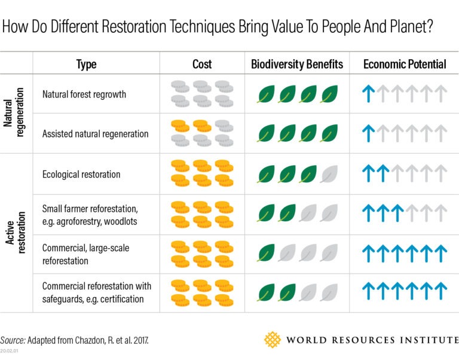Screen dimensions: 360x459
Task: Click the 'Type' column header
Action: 86,64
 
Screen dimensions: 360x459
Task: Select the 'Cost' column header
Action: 202,64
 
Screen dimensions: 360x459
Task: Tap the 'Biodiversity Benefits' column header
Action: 297,64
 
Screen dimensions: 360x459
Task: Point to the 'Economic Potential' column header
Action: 405,64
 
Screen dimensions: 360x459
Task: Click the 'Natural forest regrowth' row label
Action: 84,94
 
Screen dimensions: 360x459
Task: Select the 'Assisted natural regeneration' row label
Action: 95,133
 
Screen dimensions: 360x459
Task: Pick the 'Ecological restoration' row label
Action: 81,174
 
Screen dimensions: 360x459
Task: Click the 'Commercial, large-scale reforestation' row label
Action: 85,254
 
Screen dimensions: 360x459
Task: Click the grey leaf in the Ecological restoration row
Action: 330,174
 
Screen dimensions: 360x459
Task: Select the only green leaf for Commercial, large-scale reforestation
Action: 267,253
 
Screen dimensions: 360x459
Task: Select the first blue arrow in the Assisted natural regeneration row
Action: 369,133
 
